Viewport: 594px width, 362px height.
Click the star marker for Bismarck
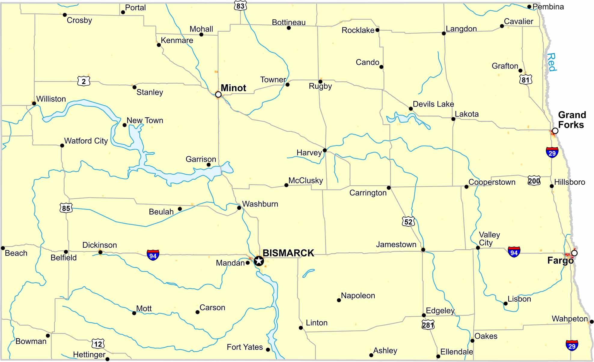(259, 261)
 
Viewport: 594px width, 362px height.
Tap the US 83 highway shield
(240, 6)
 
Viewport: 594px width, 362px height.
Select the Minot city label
(233, 88)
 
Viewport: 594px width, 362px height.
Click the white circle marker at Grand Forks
(555, 131)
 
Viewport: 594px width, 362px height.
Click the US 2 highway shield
(84, 81)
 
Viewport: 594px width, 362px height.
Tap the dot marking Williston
(34, 103)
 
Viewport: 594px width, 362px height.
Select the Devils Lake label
(433, 104)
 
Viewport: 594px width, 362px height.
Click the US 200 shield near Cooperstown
(534, 181)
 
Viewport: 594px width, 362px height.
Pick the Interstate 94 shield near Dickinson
(153, 255)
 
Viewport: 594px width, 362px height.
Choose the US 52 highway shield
(408, 222)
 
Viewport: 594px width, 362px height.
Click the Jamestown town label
(396, 245)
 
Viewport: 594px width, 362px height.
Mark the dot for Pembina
(529, 7)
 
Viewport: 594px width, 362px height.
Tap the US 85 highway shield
(66, 208)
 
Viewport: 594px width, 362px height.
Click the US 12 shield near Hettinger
(98, 344)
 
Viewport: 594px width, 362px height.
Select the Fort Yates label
(245, 347)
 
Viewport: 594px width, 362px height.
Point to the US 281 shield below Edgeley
(428, 325)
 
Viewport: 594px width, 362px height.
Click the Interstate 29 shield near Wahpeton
(572, 345)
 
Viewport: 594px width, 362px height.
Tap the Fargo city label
(560, 261)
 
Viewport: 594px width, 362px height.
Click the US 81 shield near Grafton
(525, 80)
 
